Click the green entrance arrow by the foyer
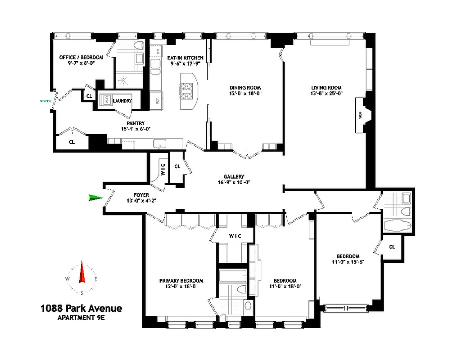coord(95,197)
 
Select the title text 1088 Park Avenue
coord(81,309)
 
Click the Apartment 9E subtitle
coord(81,318)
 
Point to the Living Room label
coord(326,88)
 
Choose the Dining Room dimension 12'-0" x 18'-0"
coord(245,93)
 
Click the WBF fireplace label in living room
coord(360,115)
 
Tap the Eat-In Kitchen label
coord(186,58)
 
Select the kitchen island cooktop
coord(186,91)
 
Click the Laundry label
coord(122,101)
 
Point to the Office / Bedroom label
coord(81,58)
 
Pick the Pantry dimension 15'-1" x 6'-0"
coord(135,128)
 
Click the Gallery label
coord(234,177)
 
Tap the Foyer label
coord(141,195)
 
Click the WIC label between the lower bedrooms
coord(235,236)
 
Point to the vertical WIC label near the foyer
coord(163,169)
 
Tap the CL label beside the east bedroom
coord(392,247)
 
